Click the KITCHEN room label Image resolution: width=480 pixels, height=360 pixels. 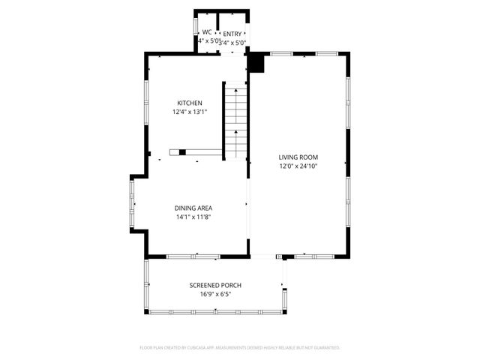(x=189, y=103)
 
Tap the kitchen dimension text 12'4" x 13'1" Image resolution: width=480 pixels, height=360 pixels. (x=189, y=112)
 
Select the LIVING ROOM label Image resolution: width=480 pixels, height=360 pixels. (x=299, y=157)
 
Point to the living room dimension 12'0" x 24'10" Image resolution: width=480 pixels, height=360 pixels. (x=299, y=166)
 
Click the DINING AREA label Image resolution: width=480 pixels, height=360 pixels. (x=193, y=208)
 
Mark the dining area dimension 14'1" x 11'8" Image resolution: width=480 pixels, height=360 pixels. (x=193, y=217)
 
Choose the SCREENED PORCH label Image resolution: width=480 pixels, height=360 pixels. (x=215, y=285)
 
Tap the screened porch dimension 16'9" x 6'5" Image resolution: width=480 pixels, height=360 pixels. (x=215, y=295)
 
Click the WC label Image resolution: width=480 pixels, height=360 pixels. (x=206, y=32)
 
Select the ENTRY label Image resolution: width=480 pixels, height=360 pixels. (x=232, y=34)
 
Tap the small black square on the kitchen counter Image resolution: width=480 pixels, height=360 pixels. (x=182, y=152)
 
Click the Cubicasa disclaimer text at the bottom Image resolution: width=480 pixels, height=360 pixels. (x=240, y=348)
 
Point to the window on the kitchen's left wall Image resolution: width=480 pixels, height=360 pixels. (x=145, y=97)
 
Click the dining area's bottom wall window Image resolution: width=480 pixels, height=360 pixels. (x=193, y=257)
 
